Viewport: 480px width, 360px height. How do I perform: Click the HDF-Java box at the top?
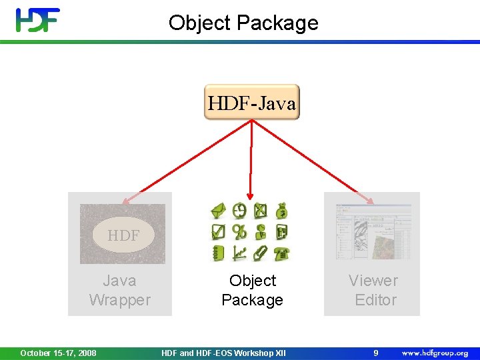click(252, 103)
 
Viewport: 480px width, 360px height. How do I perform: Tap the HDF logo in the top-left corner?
click(38, 20)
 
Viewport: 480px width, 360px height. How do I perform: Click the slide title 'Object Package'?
click(243, 23)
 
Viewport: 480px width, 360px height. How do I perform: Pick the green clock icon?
click(239, 211)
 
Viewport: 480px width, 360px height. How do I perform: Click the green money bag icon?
click(282, 211)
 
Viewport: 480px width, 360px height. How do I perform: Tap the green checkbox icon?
click(218, 232)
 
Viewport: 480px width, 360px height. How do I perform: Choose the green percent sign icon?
click(239, 232)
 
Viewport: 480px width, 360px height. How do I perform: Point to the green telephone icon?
click(282, 253)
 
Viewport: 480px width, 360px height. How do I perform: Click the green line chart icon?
click(239, 253)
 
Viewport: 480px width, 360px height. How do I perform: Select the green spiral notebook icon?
click(218, 253)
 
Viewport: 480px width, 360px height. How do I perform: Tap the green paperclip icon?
click(261, 253)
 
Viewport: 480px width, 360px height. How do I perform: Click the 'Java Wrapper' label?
click(120, 290)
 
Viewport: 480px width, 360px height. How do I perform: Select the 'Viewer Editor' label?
click(373, 290)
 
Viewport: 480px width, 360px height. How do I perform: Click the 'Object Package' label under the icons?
click(252, 290)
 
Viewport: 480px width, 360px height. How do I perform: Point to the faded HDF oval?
click(123, 235)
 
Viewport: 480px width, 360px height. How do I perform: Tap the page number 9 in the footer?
click(375, 353)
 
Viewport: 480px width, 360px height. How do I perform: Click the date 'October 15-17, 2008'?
click(58, 353)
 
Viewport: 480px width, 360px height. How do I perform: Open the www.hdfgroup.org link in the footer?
click(434, 353)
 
